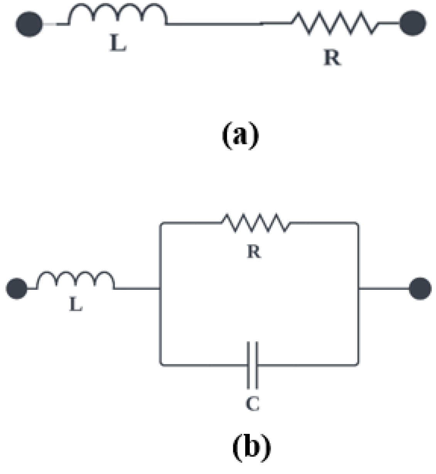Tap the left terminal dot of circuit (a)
coord(29,24)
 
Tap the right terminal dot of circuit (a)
coord(412,23)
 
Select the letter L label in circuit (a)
coord(118,43)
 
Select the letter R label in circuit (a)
coord(332,58)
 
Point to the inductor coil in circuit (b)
coord(76,280)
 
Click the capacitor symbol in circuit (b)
coord(253,365)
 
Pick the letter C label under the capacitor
coord(253,403)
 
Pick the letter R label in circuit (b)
coord(254,252)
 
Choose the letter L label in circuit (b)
coord(76,305)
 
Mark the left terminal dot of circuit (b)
coord(17,288)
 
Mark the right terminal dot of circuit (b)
coord(420,288)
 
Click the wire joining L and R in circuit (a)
coord(214,24)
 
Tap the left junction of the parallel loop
coord(160,288)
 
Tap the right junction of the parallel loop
coord(359,288)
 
